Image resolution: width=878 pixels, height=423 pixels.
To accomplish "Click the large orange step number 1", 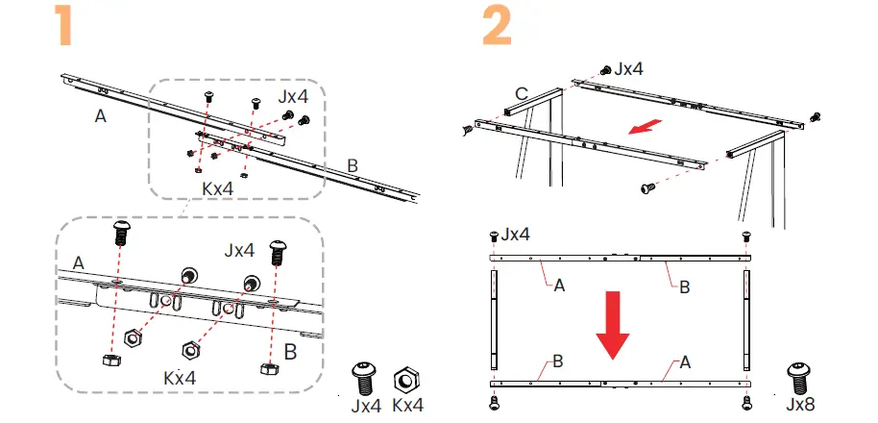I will pos(64,28).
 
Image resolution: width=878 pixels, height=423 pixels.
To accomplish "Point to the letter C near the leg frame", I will pos(521,93).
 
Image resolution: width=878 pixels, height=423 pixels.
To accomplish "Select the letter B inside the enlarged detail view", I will pos(291,352).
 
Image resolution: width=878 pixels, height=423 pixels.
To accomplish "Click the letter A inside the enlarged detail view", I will pos(78,262).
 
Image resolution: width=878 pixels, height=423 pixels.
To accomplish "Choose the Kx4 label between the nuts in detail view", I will pos(180,378).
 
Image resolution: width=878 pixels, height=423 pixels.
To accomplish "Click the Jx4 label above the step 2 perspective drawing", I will pos(631,68).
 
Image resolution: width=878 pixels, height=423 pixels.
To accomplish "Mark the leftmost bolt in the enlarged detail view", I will pos(122,231).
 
